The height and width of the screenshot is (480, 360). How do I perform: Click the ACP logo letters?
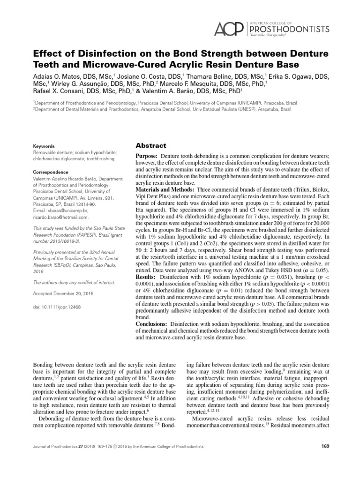[x=228, y=29]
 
